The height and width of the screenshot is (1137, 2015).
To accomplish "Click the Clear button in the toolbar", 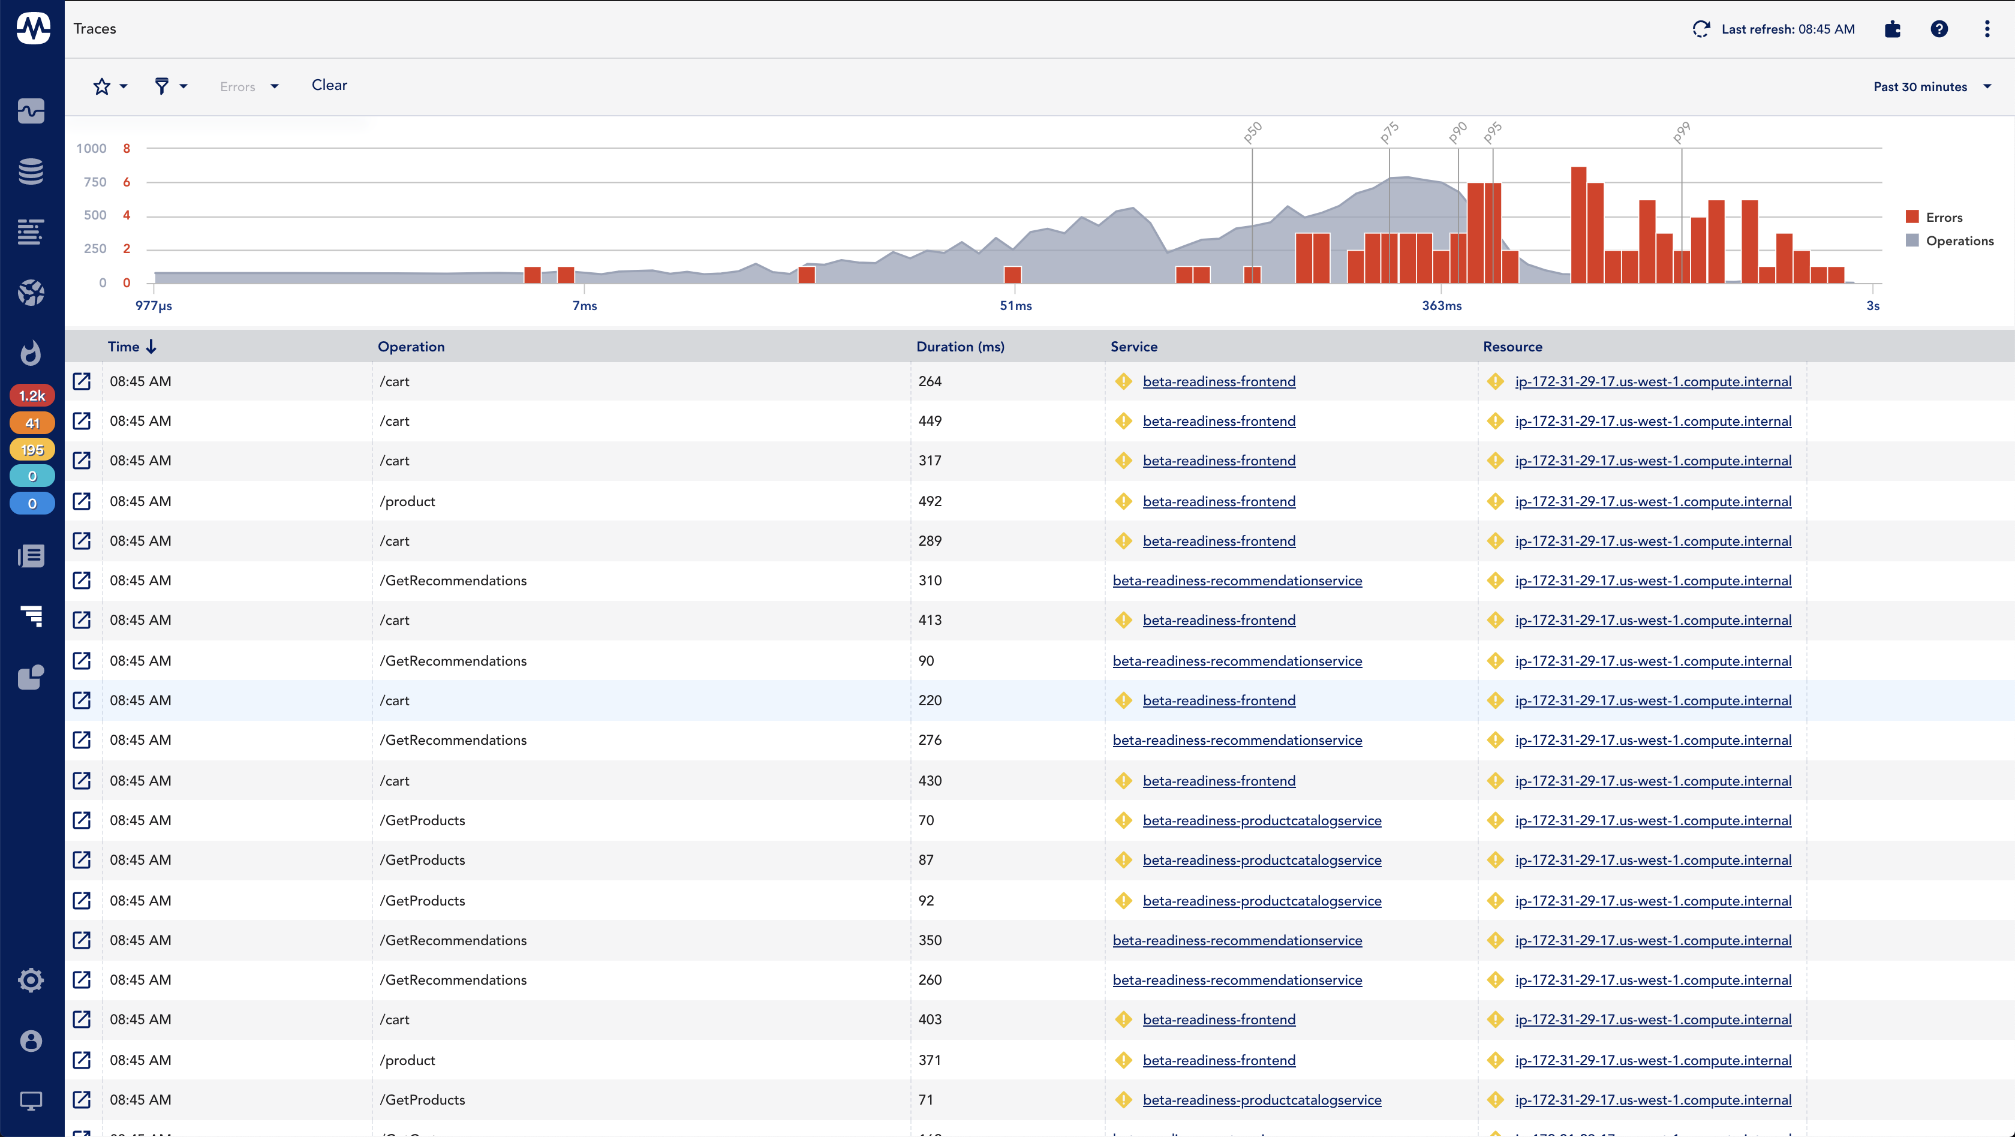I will point(329,85).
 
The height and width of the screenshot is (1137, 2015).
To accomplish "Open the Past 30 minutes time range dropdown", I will point(1930,87).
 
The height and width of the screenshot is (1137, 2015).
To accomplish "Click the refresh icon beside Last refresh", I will point(1701,29).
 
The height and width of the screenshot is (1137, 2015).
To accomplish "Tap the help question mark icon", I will point(1939,29).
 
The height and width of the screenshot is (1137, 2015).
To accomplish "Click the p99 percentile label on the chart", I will point(1682,132).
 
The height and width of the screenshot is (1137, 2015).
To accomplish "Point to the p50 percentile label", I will point(1252,132).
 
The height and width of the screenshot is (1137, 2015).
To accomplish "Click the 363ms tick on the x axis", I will point(1442,306).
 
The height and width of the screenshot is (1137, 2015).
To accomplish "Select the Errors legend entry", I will point(1943,218).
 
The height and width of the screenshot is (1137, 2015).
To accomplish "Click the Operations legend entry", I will point(1959,241).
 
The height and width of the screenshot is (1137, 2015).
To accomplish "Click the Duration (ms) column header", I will point(960,347).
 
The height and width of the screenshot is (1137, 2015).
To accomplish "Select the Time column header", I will point(124,347).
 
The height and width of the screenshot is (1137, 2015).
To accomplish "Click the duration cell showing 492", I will point(930,501).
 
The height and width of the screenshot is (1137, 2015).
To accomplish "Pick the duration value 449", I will point(930,421).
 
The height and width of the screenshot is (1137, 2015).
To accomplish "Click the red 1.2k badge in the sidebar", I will point(32,396).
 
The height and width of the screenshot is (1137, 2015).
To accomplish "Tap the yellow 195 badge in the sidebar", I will point(32,450).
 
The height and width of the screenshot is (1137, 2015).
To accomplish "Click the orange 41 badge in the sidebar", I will point(32,423).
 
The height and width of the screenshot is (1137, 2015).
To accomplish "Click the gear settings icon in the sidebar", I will point(31,980).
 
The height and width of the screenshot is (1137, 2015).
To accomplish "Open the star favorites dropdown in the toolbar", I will point(110,86).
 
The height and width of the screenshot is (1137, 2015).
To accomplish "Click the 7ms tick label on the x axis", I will point(584,306).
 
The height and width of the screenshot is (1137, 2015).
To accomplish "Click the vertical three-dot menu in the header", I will point(1987,29).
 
